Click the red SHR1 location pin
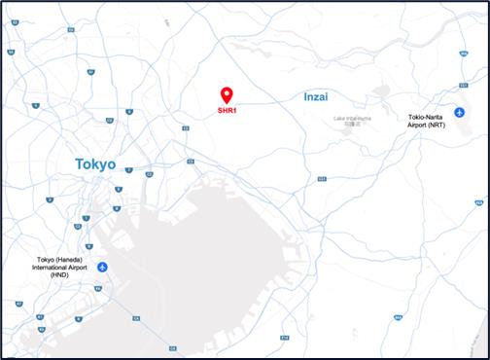point(227,95)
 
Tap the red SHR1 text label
point(227,111)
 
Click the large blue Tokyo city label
point(94,165)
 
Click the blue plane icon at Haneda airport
point(101,267)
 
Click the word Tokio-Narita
point(428,118)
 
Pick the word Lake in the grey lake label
point(340,119)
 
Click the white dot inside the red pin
point(227,93)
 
